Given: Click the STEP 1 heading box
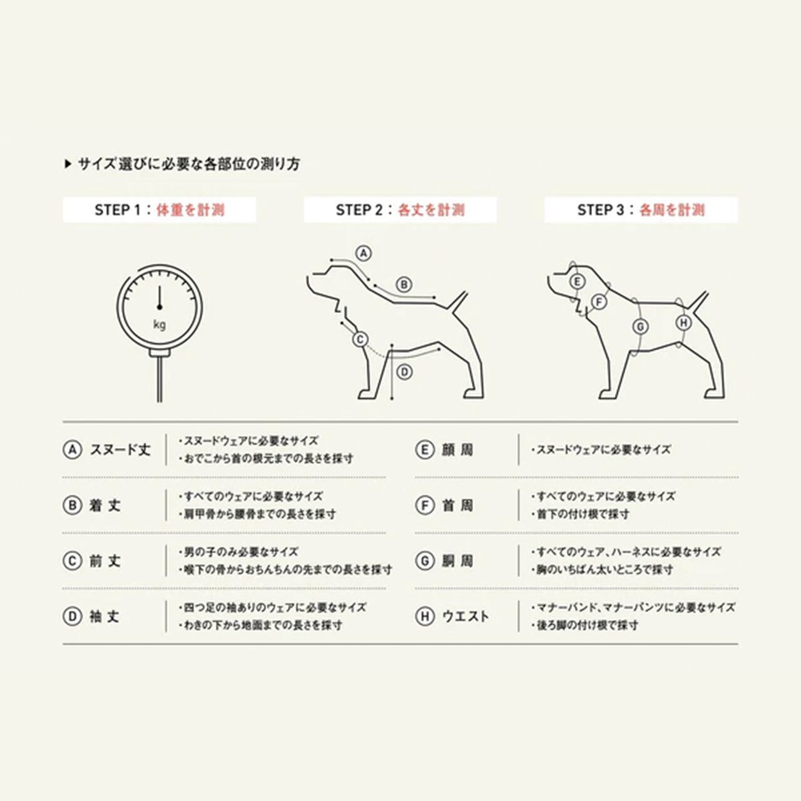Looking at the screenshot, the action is tap(160, 210).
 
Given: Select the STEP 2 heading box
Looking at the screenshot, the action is tap(400, 210).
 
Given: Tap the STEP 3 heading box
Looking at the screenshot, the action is tap(641, 210).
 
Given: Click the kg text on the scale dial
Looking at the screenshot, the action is tap(160, 325).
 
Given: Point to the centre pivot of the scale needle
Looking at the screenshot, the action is tap(160, 307).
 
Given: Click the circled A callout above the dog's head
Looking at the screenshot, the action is tap(364, 253).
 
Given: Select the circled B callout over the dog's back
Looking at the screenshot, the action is tap(404, 285).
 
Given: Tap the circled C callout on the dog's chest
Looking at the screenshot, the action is tap(360, 340).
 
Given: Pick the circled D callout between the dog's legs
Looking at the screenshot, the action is tap(405, 372).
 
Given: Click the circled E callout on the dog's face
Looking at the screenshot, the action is tap(577, 282).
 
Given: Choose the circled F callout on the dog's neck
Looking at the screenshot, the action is tap(599, 302).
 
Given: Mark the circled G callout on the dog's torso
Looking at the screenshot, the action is tap(641, 327).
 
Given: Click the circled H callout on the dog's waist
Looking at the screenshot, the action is tap(684, 322).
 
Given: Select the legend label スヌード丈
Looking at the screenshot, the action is tap(120, 450).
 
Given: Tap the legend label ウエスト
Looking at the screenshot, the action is tap(466, 616).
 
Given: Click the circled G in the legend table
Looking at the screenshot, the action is tap(425, 561).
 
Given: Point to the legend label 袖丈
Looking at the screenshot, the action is tap(105, 616).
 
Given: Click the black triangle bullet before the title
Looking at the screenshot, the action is tap(68, 165).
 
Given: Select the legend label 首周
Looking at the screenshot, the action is tap(457, 506).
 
